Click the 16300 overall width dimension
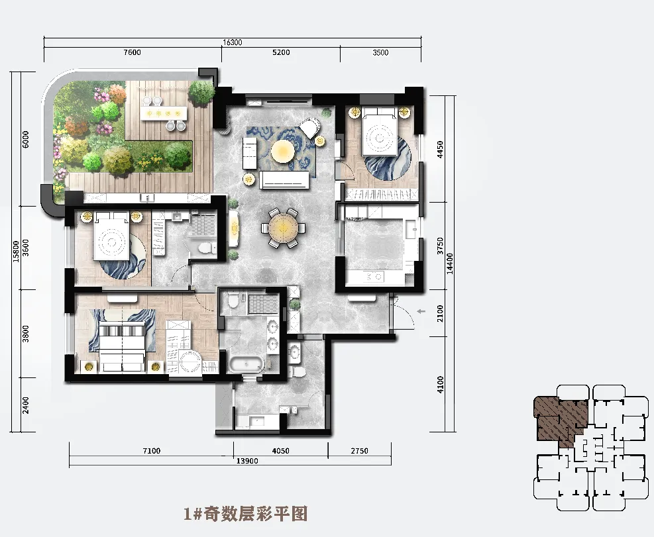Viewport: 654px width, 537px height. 233,42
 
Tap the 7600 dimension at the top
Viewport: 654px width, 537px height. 133,52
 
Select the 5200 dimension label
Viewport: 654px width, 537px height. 281,52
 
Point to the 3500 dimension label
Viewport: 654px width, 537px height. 380,52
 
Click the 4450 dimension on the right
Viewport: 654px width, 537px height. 439,149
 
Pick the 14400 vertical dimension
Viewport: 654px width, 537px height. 450,264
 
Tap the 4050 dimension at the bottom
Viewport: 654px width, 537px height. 280,451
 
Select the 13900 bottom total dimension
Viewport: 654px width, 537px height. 247,461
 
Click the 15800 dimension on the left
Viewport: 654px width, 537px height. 16,251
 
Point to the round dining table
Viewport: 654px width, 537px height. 284,228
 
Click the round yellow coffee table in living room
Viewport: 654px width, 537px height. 283,151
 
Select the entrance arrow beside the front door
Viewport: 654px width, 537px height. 421,311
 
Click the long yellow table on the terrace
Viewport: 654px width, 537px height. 164,113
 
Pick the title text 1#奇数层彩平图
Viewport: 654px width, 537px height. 246,514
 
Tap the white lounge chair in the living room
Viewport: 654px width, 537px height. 310,126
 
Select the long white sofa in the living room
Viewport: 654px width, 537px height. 284,180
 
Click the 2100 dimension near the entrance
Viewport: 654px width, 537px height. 439,313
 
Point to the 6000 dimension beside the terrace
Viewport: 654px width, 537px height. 26,139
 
